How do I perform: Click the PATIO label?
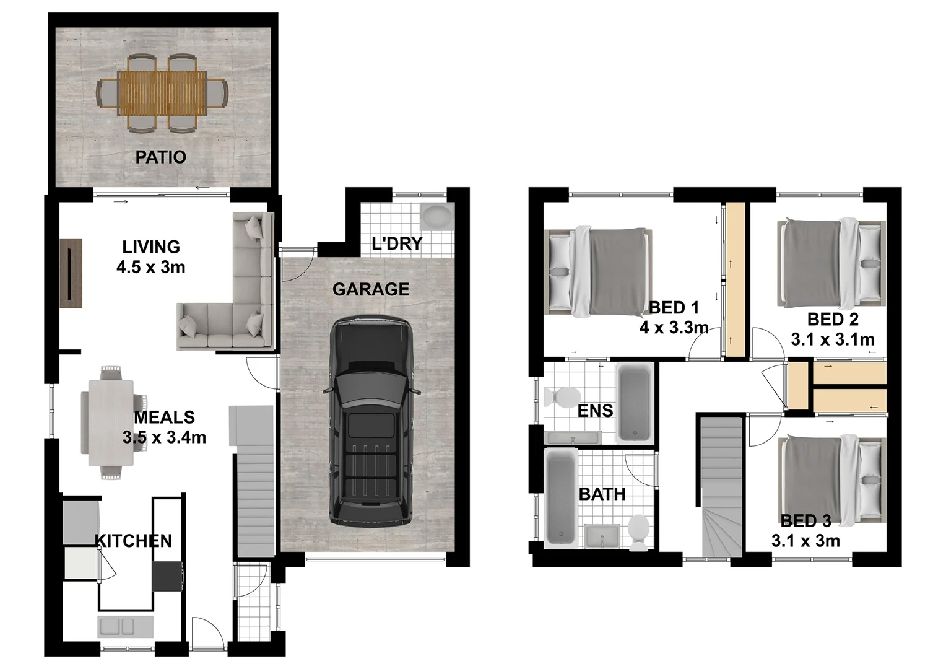pyautogui.click(x=161, y=157)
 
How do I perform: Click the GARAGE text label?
pyautogui.click(x=371, y=289)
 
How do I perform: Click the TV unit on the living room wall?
pyautogui.click(x=71, y=273)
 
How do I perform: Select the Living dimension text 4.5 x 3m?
pyautogui.click(x=151, y=268)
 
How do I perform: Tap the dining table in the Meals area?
pyautogui.click(x=111, y=422)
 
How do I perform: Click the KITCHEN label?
pyautogui.click(x=134, y=541)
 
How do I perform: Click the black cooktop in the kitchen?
pyautogui.click(x=167, y=576)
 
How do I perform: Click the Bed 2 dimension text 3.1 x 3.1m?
pyautogui.click(x=833, y=339)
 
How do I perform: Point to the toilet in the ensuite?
pyautogui.click(x=561, y=397)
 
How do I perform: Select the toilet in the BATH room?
pyautogui.click(x=638, y=530)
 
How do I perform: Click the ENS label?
pyautogui.click(x=595, y=411)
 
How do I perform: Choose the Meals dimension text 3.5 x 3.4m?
pyautogui.click(x=164, y=438)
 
